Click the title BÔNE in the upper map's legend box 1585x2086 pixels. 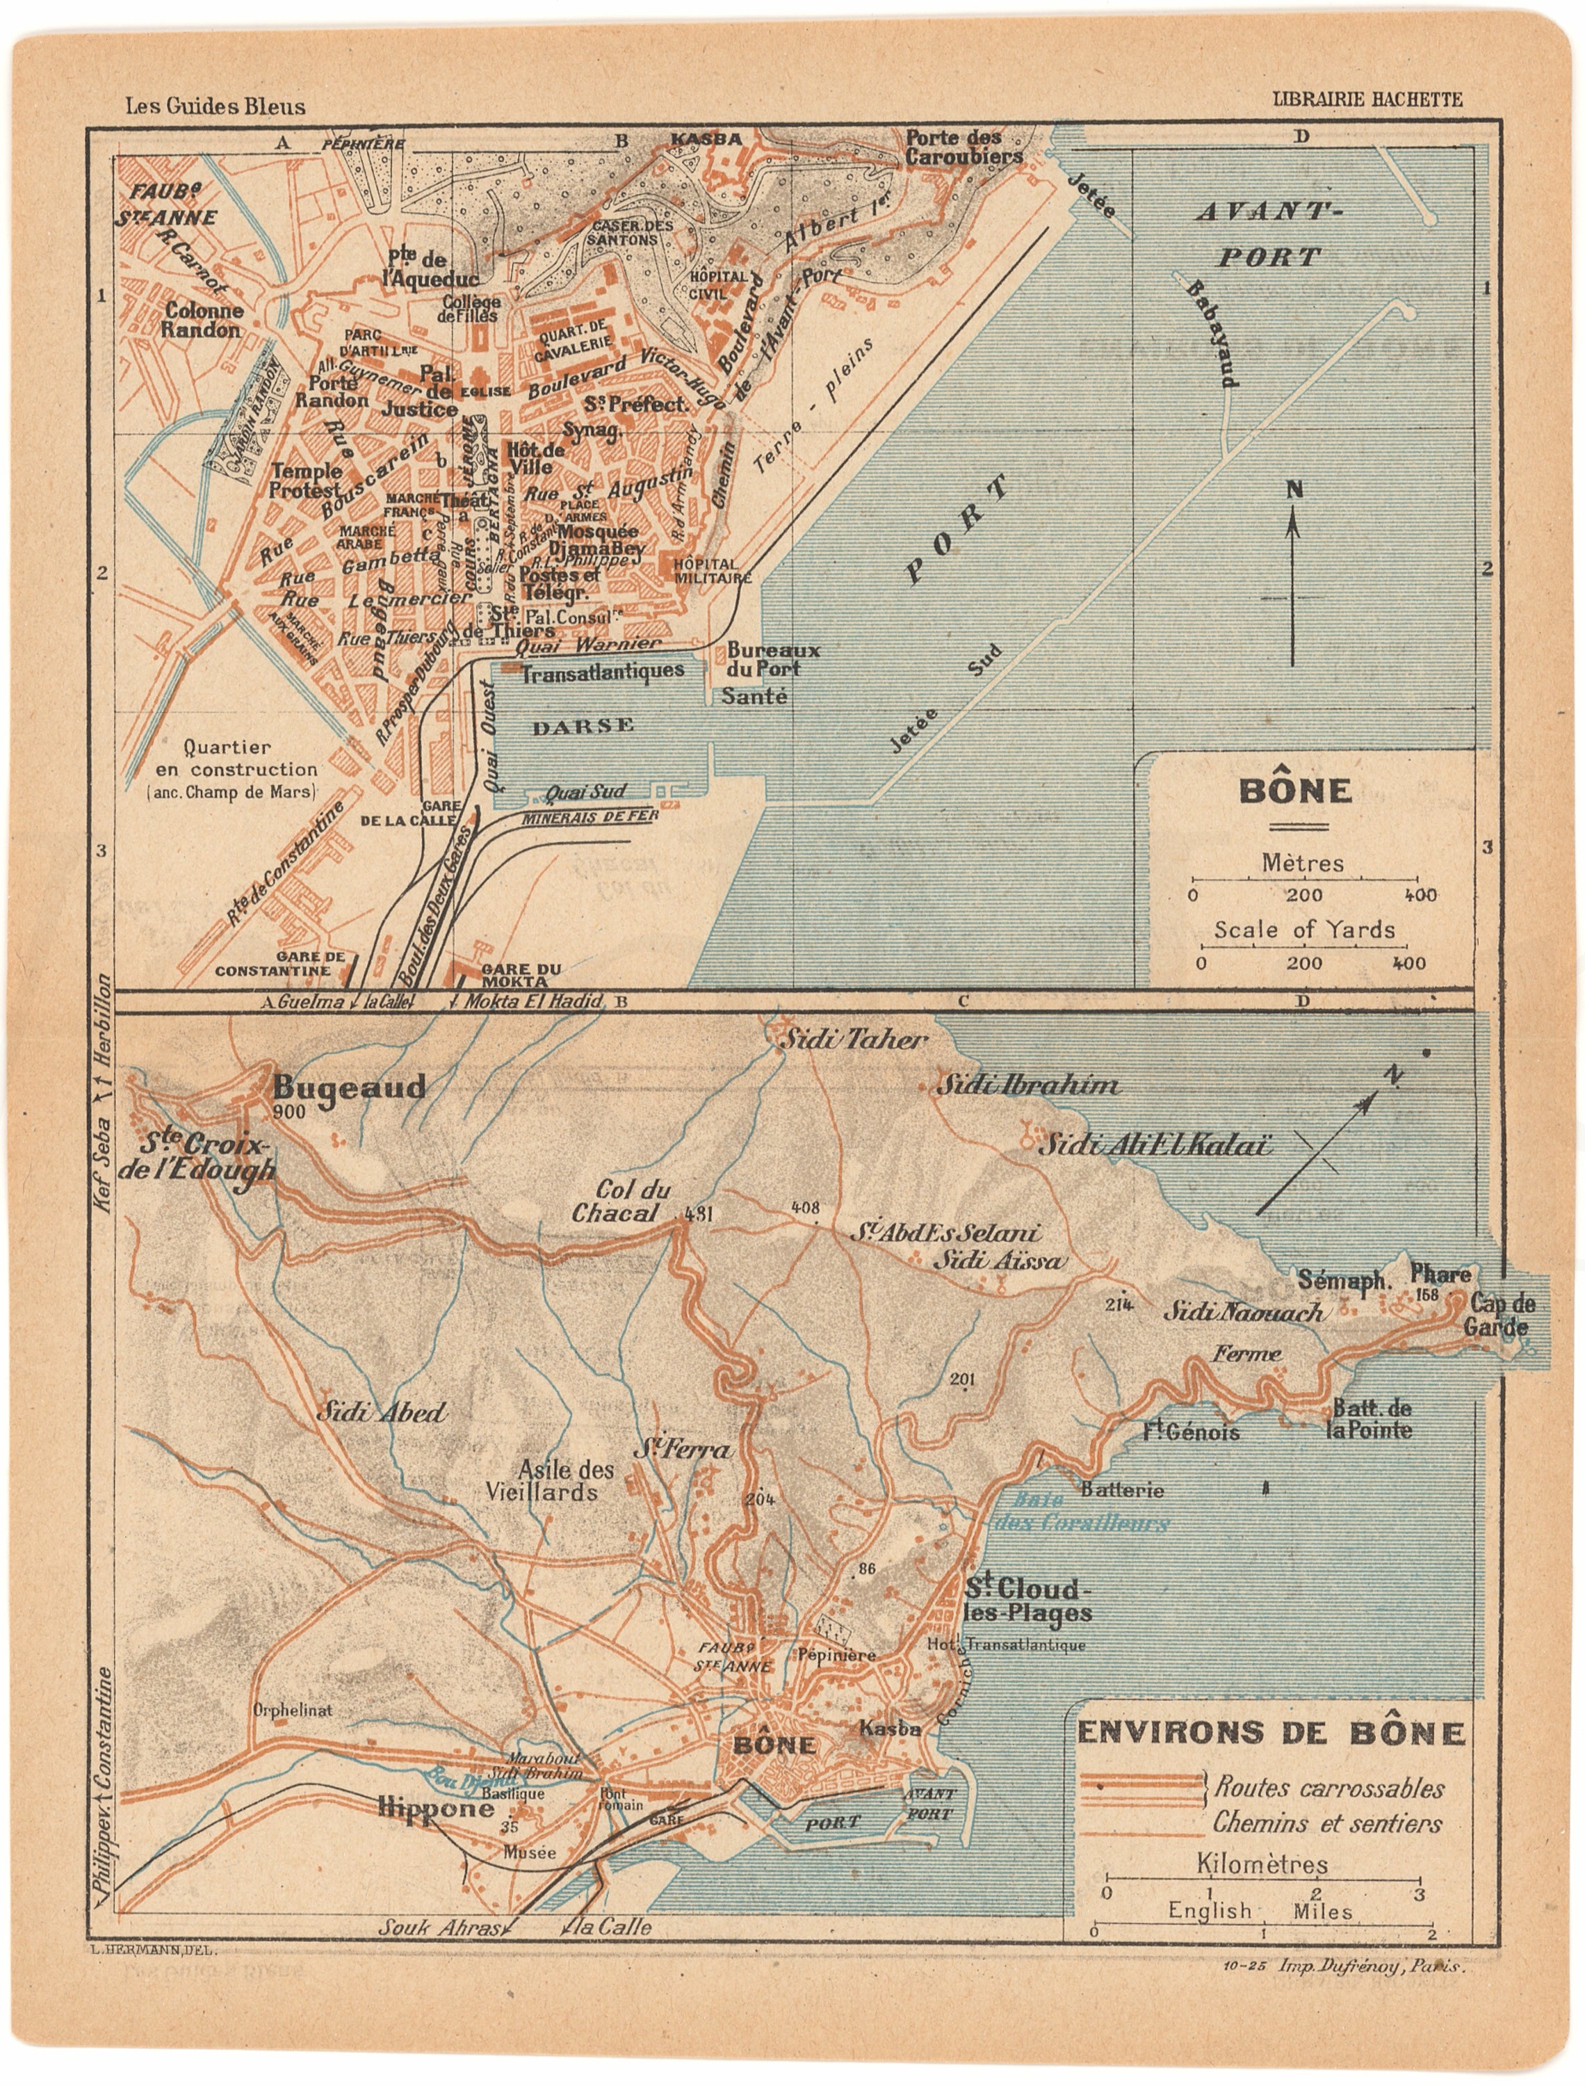tap(1294, 791)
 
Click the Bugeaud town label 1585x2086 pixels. tap(349, 1087)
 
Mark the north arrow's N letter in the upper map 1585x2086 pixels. tap(1295, 489)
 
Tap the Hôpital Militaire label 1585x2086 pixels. tap(713, 571)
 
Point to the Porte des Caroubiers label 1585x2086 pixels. tap(964, 148)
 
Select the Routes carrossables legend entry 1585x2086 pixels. tap(1328, 1788)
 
